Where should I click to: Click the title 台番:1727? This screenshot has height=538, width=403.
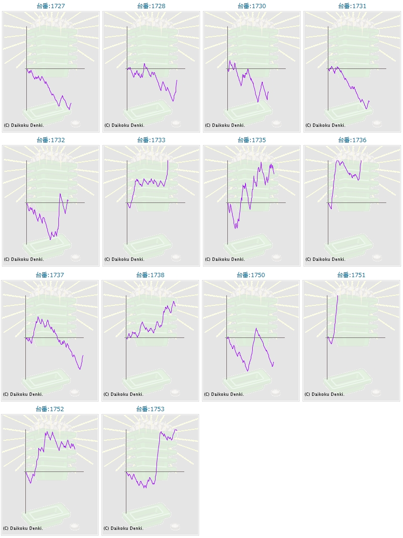coord(51,6)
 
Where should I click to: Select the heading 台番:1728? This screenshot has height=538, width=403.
coord(151,6)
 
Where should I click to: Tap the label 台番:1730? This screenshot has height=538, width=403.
coord(252,6)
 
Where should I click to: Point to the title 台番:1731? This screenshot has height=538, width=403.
coord(352,6)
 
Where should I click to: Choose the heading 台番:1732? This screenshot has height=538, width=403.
coord(51,140)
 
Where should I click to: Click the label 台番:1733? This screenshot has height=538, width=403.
coord(151,140)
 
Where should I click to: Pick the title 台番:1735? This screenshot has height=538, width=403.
coord(252,140)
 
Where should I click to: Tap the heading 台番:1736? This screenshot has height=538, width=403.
coord(352,140)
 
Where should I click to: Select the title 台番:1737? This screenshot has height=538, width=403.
coord(50,275)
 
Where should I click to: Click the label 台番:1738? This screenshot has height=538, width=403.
coord(150,275)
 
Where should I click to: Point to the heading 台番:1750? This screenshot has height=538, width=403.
coord(251,275)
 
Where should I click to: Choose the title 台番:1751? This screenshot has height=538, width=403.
coord(351,275)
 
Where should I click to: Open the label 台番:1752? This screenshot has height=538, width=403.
coord(50,409)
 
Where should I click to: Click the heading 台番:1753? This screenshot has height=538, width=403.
coord(150,409)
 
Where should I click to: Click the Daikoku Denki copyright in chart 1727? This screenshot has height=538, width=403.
coord(24,125)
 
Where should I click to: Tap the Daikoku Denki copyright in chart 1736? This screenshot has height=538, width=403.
coord(325,259)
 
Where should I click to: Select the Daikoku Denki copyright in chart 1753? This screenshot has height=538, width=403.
coord(123,528)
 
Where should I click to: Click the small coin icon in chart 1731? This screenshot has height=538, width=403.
coord(377,123)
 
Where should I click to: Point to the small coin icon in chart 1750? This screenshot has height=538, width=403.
coord(276,392)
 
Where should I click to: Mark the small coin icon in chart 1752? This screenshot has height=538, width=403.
coord(75,527)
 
